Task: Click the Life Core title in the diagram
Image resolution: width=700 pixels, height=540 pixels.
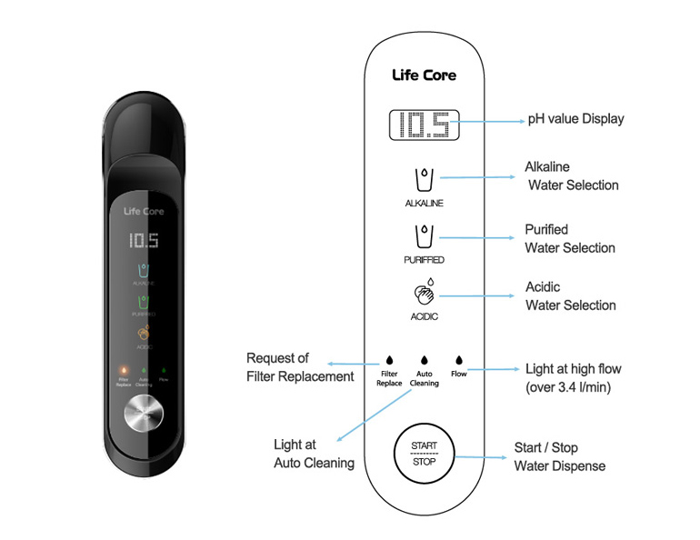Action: click(x=424, y=75)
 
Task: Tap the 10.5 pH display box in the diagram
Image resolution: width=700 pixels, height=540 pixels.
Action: click(x=424, y=125)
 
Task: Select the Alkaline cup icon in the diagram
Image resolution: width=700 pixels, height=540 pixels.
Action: click(x=424, y=177)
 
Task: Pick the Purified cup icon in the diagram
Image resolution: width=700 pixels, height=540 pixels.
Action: click(x=424, y=235)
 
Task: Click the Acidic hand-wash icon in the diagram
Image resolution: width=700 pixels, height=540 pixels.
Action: click(x=424, y=294)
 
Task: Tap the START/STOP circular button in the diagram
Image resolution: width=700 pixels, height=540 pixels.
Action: click(x=424, y=454)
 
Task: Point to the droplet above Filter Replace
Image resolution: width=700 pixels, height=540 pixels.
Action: click(x=389, y=360)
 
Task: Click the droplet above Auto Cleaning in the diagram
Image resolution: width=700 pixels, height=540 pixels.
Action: click(x=424, y=360)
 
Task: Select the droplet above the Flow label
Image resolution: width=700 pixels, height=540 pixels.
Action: click(x=458, y=360)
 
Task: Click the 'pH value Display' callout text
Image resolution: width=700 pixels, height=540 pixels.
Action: click(x=576, y=119)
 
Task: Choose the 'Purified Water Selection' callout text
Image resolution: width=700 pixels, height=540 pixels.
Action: click(x=570, y=238)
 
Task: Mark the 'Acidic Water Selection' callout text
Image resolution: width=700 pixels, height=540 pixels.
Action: click(x=570, y=296)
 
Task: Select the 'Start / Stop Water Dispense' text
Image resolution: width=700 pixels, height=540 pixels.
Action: click(x=559, y=457)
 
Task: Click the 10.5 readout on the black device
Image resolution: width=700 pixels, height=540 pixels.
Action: click(x=144, y=241)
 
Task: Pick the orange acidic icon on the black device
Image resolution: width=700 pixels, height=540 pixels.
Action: click(x=144, y=334)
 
